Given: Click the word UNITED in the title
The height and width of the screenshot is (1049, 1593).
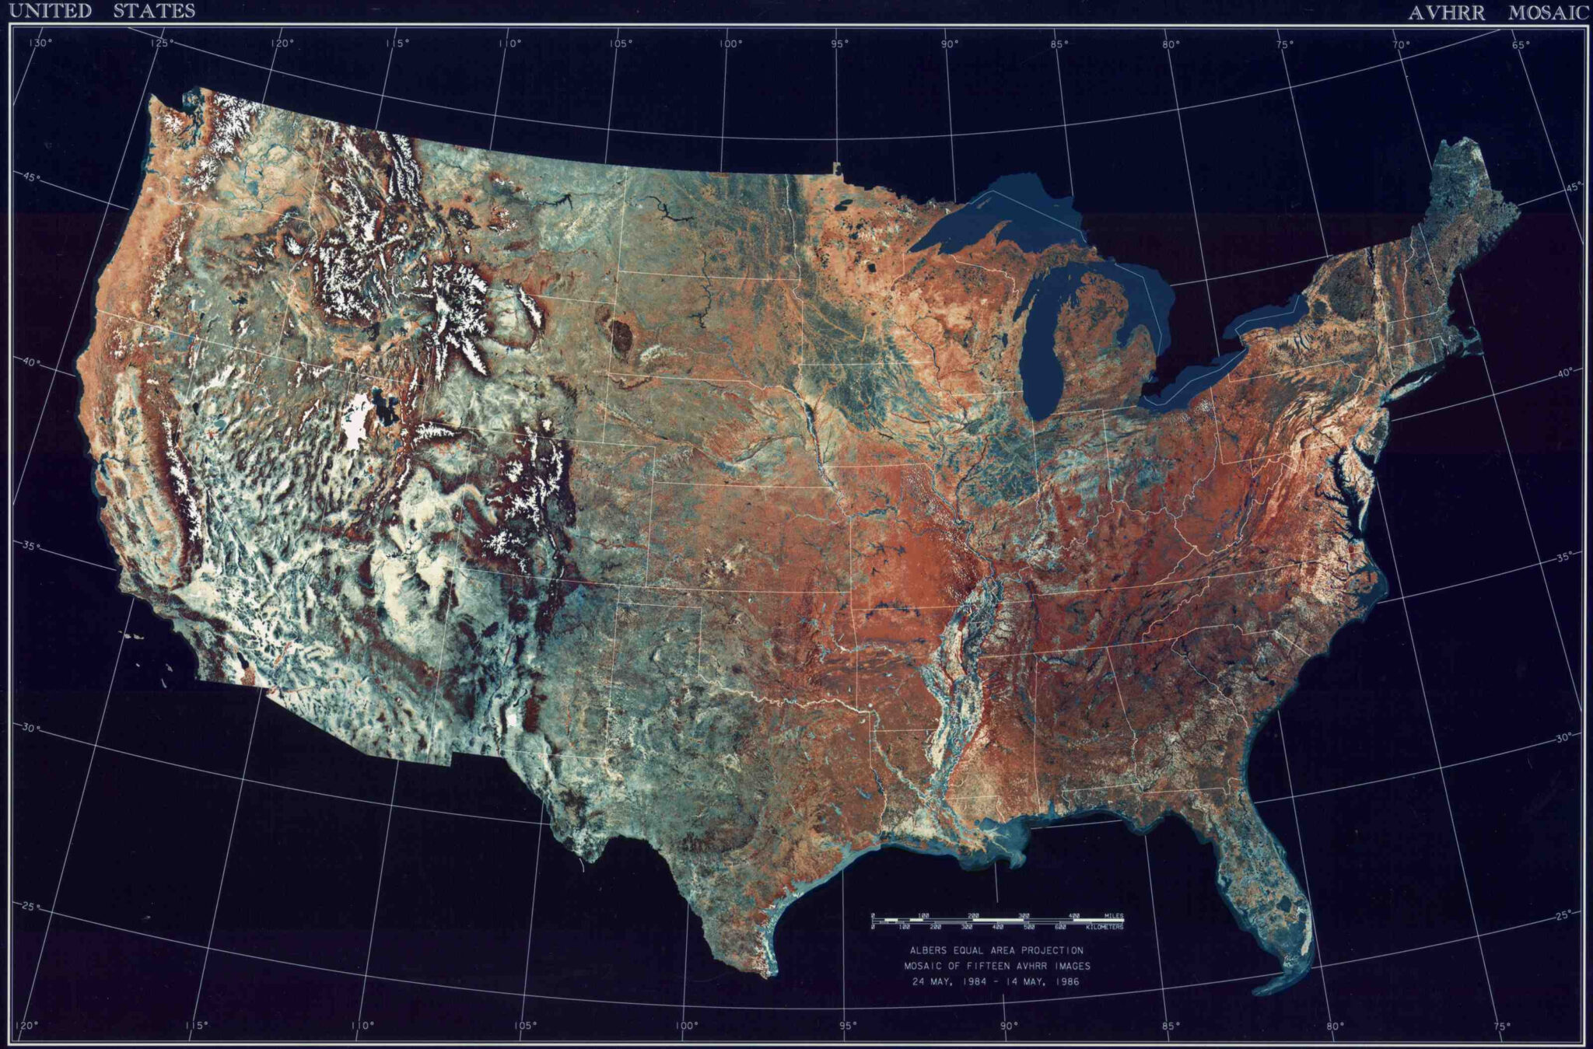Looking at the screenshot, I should [x=50, y=12].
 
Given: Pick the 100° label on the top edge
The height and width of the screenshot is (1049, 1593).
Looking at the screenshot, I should [x=730, y=44].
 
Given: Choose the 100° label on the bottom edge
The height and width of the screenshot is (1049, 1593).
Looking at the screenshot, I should [x=685, y=1025].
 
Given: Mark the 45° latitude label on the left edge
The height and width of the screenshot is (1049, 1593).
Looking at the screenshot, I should [x=31, y=178].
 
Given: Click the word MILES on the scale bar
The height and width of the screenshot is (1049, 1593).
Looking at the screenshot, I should [x=1113, y=915].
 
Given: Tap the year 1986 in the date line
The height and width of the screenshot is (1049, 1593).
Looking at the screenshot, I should [x=1065, y=981].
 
